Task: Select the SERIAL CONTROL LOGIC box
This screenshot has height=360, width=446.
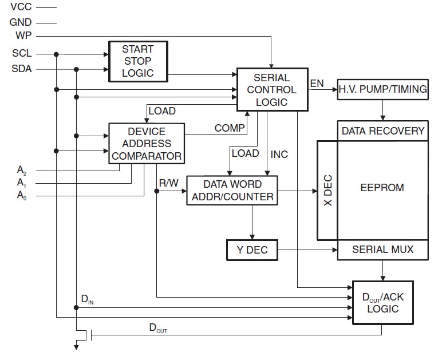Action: click(x=272, y=90)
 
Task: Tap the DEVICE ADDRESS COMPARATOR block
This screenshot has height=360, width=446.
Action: click(x=146, y=144)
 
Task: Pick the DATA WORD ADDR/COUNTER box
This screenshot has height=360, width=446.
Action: click(x=232, y=191)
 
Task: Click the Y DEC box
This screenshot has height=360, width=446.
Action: click(x=251, y=250)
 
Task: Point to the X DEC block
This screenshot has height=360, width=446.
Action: click(x=327, y=191)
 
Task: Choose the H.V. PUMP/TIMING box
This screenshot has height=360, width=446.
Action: click(x=383, y=89)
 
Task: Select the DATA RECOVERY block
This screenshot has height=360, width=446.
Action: click(x=383, y=130)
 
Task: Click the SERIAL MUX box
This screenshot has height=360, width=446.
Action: click(x=382, y=250)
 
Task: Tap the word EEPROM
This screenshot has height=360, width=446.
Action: click(x=382, y=187)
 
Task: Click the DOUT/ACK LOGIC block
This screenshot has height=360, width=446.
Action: click(x=383, y=303)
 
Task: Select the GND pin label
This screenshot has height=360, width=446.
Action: click(x=21, y=23)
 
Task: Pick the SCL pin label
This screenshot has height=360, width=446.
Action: click(x=22, y=54)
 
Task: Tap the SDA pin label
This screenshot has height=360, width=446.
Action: click(x=22, y=69)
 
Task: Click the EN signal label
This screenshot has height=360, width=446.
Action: click(x=317, y=84)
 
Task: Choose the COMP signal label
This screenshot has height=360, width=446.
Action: click(x=230, y=128)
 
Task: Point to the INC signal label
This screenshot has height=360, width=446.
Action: click(x=279, y=154)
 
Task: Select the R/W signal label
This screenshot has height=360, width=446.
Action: click(x=169, y=184)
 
